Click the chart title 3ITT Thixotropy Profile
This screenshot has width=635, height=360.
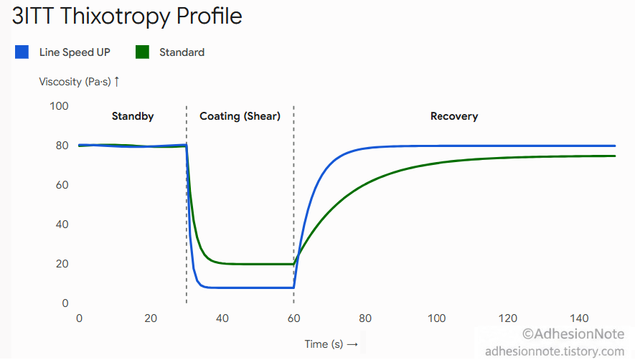click(127, 17)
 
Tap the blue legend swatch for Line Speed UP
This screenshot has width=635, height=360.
click(22, 52)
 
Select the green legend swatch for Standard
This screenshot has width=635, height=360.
click(142, 52)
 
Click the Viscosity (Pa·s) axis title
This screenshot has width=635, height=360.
click(79, 82)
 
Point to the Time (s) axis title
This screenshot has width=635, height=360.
click(331, 344)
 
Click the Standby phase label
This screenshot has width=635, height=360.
click(133, 116)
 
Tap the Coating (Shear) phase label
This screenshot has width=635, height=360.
click(240, 116)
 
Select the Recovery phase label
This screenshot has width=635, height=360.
click(454, 116)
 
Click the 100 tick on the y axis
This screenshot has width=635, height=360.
click(59, 106)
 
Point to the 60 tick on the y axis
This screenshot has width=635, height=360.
click(62, 185)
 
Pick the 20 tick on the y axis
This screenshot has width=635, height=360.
click(62, 264)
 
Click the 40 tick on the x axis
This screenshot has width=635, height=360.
click(222, 318)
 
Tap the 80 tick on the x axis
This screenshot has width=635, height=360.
click(365, 318)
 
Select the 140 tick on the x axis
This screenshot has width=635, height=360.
click(579, 318)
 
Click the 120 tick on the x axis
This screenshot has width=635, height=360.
click(508, 318)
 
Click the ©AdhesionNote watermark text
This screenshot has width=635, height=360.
click(573, 334)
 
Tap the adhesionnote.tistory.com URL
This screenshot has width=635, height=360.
click(555, 351)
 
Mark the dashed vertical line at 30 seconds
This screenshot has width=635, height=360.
click(187, 204)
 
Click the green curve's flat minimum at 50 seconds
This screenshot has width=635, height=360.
click(258, 264)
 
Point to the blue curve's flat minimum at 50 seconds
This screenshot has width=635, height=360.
click(258, 288)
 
